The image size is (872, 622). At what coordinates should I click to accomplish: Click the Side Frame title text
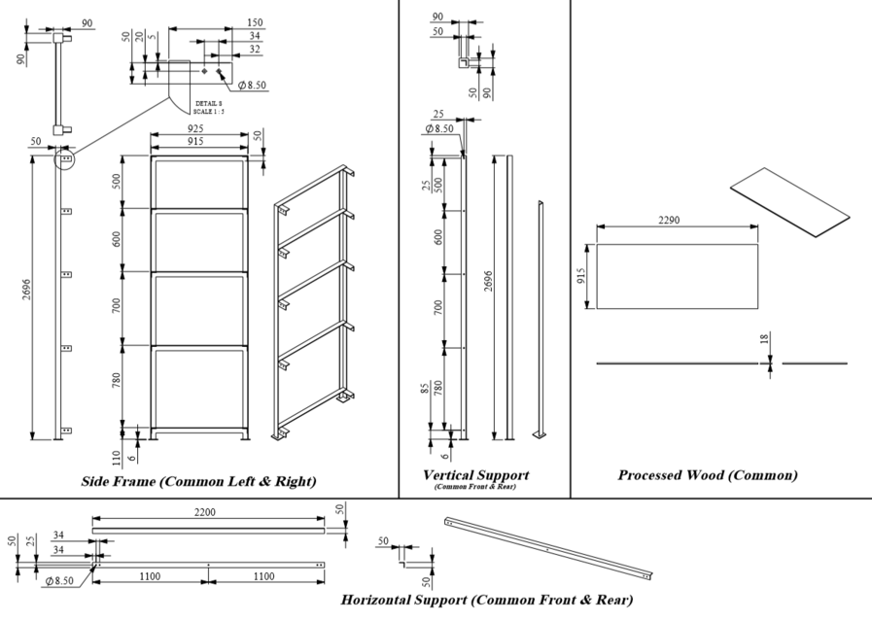point(198,481)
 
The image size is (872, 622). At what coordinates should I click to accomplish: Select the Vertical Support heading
point(475,475)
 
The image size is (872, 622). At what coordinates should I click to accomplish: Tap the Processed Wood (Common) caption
point(707,475)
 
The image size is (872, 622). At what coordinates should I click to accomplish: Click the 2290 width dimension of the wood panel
point(669,220)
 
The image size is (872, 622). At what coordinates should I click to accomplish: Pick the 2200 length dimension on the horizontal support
point(205,511)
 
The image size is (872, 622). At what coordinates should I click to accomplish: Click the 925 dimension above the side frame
point(195,128)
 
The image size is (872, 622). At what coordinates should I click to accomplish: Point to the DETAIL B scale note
point(209,107)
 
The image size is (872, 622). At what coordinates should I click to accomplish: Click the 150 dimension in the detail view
point(254,21)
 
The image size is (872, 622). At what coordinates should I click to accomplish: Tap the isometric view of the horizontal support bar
point(547,547)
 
